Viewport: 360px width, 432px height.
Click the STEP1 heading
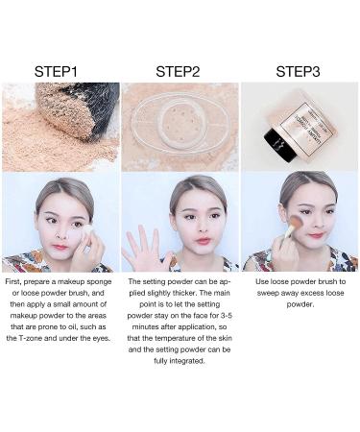[56, 71]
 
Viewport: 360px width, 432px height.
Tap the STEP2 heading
[178, 71]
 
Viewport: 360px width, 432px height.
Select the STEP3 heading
[298, 71]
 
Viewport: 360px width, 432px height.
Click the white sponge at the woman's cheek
[86, 232]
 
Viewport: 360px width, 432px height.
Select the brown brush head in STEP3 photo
[296, 222]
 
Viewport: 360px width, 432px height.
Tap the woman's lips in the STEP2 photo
[203, 240]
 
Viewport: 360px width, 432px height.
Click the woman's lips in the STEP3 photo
[316, 235]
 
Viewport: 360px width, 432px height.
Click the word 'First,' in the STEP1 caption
[13, 282]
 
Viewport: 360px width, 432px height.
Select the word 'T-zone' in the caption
[29, 338]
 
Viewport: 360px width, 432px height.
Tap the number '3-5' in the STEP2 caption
[227, 316]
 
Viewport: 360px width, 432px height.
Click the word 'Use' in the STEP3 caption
[262, 282]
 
